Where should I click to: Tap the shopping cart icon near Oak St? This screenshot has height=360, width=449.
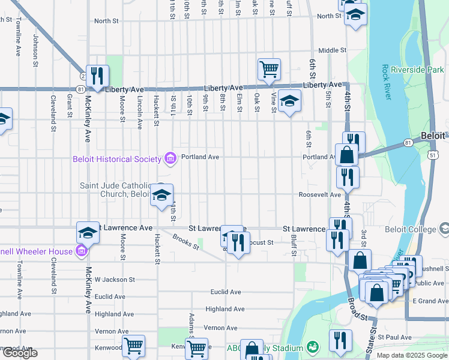270,69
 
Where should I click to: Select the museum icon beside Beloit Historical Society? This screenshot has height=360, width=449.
170,158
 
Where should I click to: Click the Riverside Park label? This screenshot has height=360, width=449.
417,70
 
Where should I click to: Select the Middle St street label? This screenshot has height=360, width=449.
333,50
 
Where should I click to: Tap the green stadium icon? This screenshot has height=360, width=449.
312,347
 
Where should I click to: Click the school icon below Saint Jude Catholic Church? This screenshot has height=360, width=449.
161,195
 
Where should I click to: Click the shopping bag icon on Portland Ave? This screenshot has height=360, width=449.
347,154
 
